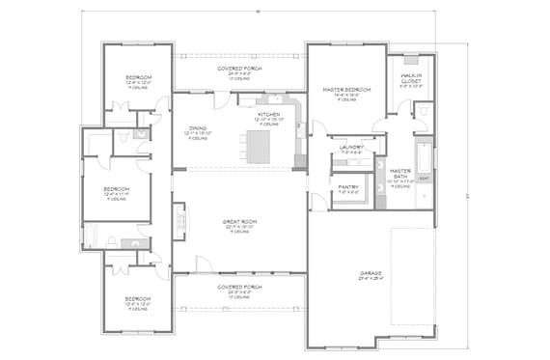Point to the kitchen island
pos(260,146)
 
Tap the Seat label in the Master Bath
pos(425,179)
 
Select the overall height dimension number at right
pos(469,197)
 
